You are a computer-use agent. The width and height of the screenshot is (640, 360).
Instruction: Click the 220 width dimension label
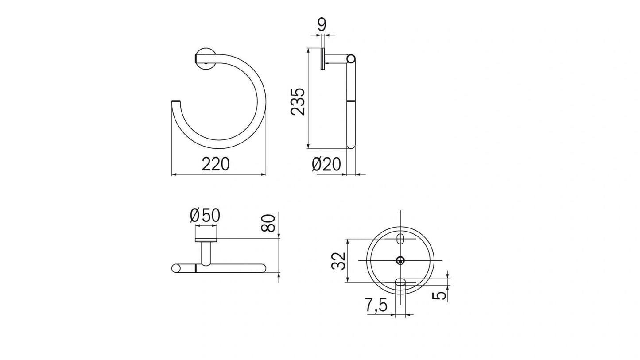coord(216,164)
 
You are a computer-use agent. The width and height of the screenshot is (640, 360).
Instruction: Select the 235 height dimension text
coord(298,101)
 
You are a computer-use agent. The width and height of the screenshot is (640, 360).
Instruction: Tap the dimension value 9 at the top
coord(322,25)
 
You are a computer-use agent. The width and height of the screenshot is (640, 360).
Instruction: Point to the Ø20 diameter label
coord(326,164)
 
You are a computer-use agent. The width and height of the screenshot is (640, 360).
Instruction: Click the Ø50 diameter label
coord(205,216)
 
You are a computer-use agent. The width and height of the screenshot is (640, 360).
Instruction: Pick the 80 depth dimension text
coord(269,223)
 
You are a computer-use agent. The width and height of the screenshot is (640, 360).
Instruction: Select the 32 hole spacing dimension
coord(339,261)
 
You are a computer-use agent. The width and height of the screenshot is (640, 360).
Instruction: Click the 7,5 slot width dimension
coord(376,305)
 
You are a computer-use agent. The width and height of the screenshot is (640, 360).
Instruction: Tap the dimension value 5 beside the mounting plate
coord(440,294)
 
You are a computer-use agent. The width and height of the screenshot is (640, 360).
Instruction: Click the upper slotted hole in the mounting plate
coord(400,239)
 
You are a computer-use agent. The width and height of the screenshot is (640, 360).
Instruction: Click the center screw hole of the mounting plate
coord(400,260)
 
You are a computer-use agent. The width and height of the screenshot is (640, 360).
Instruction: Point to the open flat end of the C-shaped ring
coord(176,103)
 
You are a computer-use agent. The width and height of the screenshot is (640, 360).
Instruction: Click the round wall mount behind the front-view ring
coord(205,58)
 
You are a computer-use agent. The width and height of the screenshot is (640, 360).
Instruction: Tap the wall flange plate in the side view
coord(323,59)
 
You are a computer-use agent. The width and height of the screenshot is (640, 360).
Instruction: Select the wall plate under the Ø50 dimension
coord(206,240)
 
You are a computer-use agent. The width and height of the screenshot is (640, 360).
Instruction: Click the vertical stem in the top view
coord(206,253)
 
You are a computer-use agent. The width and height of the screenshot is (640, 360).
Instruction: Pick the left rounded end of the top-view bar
coord(175,268)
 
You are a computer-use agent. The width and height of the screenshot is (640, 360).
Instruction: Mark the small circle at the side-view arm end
coord(351,58)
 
